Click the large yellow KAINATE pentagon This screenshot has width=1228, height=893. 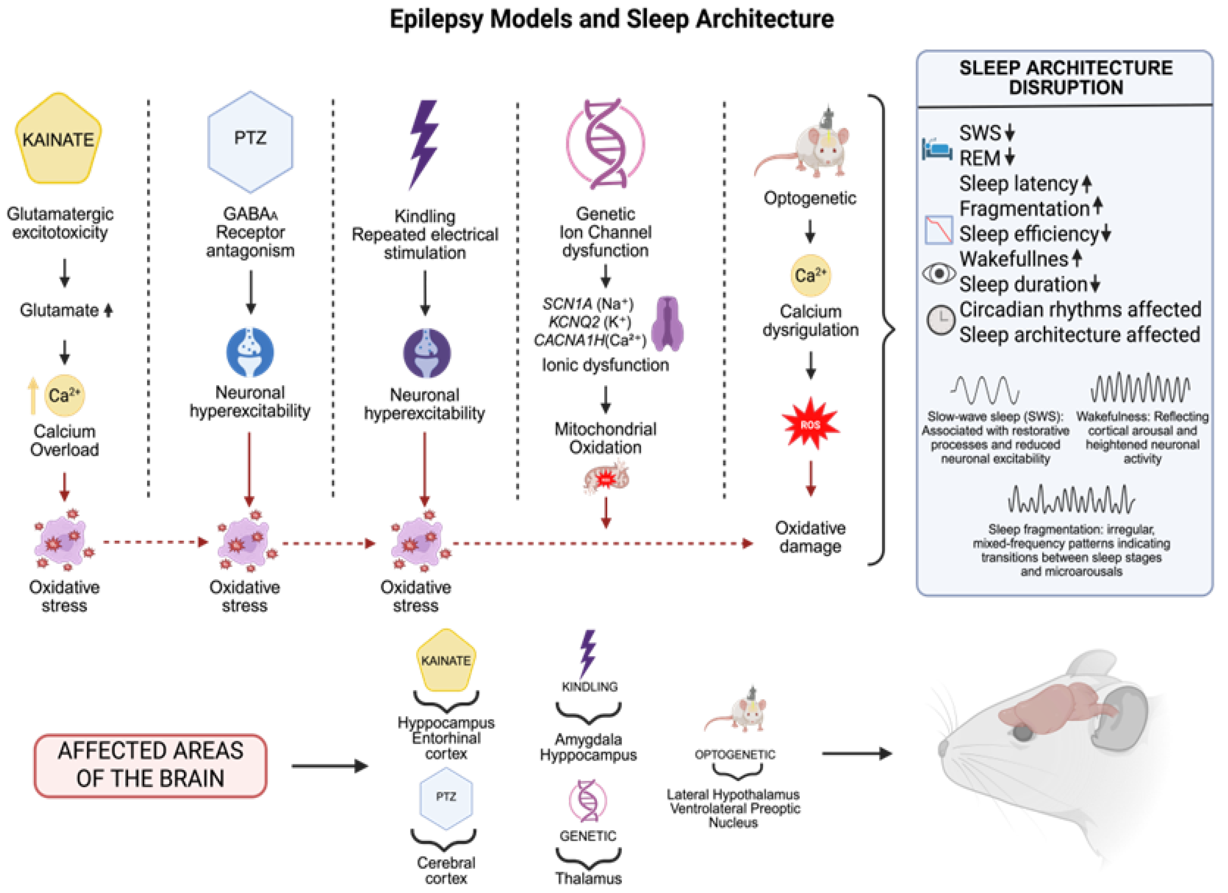[x=58, y=138]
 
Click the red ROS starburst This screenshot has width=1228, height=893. [x=810, y=424]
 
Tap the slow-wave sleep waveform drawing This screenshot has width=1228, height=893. [x=985, y=390]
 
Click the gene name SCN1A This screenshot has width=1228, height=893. [x=567, y=303]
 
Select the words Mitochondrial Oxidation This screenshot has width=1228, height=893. [x=605, y=438]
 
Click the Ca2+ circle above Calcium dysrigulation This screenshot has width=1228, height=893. [x=810, y=275]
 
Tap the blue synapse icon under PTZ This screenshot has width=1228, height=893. [x=250, y=352]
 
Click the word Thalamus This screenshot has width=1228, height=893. [x=588, y=878]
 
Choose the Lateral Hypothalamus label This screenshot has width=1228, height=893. [x=733, y=794]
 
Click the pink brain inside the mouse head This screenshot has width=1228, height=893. [x=1050, y=710]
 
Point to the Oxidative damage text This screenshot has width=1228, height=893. [x=810, y=537]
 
